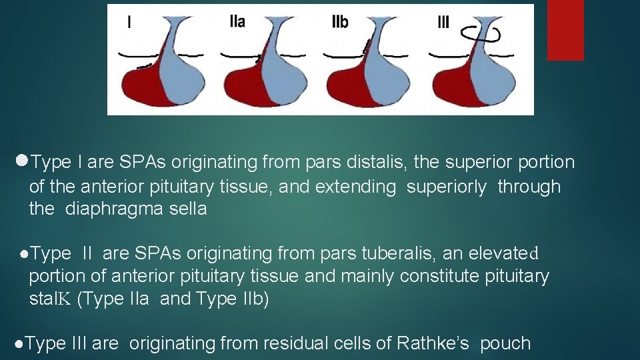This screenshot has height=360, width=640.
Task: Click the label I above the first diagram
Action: (129, 22)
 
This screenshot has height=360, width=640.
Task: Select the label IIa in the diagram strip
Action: (237, 21)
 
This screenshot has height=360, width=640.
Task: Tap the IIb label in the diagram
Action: (340, 22)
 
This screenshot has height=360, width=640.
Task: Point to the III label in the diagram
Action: (443, 22)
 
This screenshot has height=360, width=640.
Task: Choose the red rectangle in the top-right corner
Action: (565, 30)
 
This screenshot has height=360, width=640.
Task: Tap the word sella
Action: (188, 209)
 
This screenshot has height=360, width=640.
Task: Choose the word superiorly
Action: (446, 187)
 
